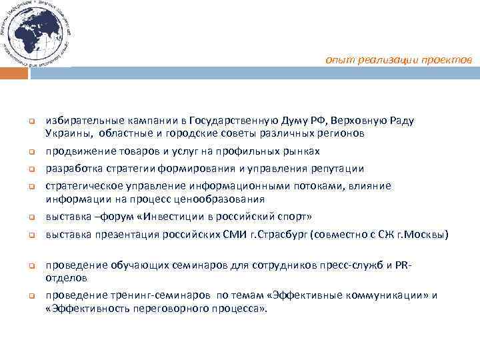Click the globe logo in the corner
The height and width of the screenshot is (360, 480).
pos(36,33)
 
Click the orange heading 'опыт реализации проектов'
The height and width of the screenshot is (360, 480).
pos(399,60)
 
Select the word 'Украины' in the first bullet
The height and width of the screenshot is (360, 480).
pos(65,133)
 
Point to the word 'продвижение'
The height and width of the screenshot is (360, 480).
pos(75,151)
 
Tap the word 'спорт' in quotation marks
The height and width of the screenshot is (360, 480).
pos(294,217)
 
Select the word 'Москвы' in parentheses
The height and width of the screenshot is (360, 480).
pos(429,235)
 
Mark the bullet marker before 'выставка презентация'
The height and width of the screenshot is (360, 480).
pos(31,235)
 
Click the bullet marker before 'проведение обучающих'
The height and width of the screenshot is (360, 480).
pos(31,266)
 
